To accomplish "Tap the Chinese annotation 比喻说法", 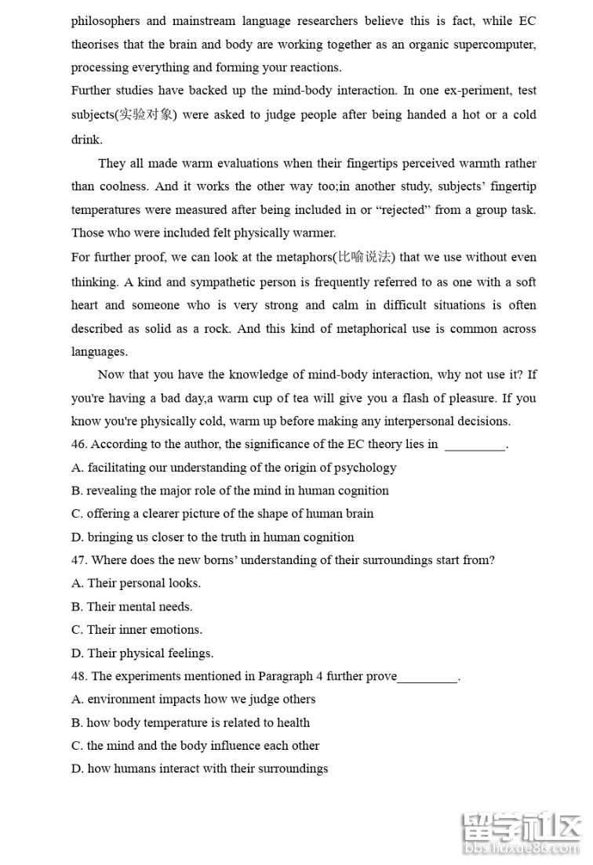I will pyautogui.click(x=367, y=257).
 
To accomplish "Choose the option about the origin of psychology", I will pyautogui.click(x=234, y=469).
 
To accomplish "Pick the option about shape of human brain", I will pyautogui.click(x=222, y=515).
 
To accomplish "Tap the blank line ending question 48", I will pyautogui.click(x=427, y=678).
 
